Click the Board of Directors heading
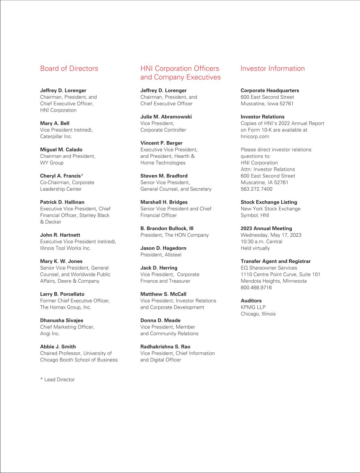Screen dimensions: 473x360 click(x=69, y=69)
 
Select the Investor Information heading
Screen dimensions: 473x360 click(x=272, y=69)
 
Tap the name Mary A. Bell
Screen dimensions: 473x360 click(x=55, y=123)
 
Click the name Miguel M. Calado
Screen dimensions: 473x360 click(x=61, y=150)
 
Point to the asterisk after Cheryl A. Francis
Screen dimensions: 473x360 click(x=82, y=176)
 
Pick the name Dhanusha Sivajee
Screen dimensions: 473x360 click(x=62, y=321)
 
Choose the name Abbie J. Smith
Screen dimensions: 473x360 click(x=58, y=347)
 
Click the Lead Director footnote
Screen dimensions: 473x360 click(x=58, y=379)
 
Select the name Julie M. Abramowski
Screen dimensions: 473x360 click(x=166, y=117)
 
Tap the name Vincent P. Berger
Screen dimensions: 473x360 click(x=161, y=143)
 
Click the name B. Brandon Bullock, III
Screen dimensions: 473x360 click(x=167, y=228)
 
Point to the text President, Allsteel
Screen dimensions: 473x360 click(x=161, y=255)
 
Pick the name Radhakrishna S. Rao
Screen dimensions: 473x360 click(x=165, y=347)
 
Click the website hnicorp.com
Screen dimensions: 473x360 click(x=255, y=137)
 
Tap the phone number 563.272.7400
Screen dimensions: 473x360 click(x=256, y=189)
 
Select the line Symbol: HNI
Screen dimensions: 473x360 click(x=255, y=215)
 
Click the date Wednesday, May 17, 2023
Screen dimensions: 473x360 click(x=271, y=235)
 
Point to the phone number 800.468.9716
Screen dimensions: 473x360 click(x=256, y=288)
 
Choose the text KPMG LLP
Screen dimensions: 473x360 click(x=253, y=307)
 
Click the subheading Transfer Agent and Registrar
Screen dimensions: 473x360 click(x=275, y=261)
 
